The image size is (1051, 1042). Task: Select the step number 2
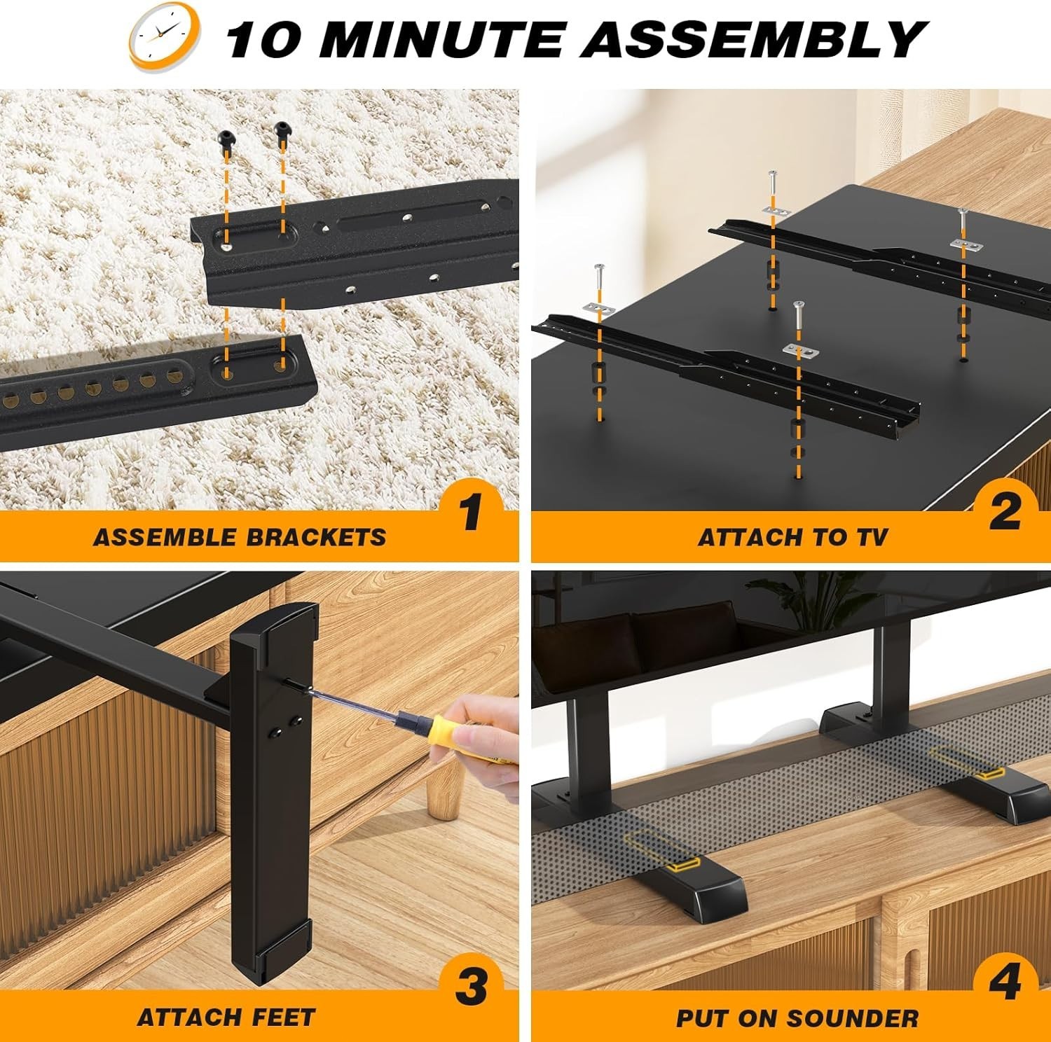[x=1005, y=511]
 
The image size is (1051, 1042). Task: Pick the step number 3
[x=471, y=987]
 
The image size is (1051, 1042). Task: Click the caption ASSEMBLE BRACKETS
[x=240, y=537]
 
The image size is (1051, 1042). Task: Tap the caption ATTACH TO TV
[x=792, y=537]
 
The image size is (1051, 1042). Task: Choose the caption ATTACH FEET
[x=226, y=1017]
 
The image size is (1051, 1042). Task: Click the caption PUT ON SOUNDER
[x=797, y=1018]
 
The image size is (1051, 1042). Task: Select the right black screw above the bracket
[x=282, y=129]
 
